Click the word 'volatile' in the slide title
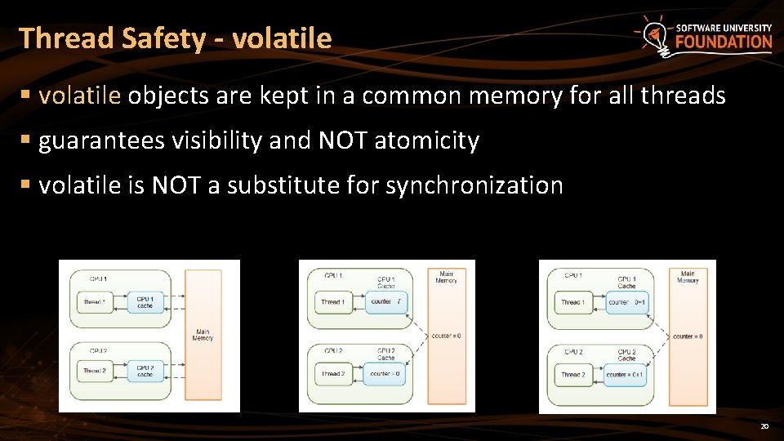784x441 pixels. click(x=282, y=38)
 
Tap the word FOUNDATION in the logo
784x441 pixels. click(x=723, y=42)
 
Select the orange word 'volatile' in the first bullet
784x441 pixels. click(x=80, y=96)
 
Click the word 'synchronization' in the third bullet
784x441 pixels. click(x=474, y=186)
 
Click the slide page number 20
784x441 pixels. click(x=764, y=426)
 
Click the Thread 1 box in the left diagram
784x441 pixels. click(x=94, y=302)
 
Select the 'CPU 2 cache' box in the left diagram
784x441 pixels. click(x=145, y=371)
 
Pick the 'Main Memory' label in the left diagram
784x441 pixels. click(x=203, y=335)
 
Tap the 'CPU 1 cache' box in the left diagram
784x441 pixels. click(x=145, y=302)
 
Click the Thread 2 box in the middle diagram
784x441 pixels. click(x=332, y=374)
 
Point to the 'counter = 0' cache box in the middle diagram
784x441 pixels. click(x=385, y=374)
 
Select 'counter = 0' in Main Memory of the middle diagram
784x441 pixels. click(x=446, y=336)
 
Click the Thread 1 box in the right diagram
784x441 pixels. click(x=572, y=302)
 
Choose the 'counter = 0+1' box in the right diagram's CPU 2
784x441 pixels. click(x=626, y=375)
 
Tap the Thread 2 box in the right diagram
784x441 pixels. click(x=572, y=375)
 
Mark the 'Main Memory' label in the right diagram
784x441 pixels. click(x=688, y=278)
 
